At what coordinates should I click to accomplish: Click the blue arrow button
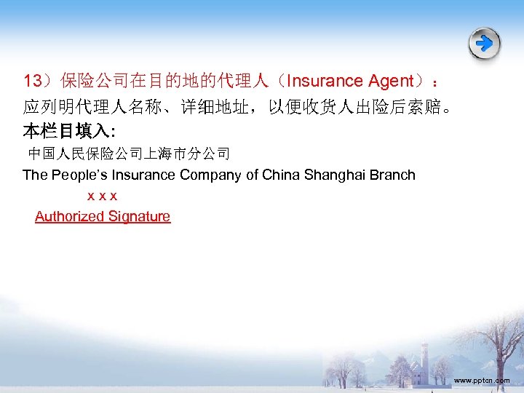(x=484, y=44)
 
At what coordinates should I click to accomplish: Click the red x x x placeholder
(x=103, y=196)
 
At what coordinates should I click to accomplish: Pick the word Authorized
(x=69, y=216)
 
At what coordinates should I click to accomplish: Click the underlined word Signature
(x=139, y=216)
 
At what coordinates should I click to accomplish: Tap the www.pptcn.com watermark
(x=481, y=380)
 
